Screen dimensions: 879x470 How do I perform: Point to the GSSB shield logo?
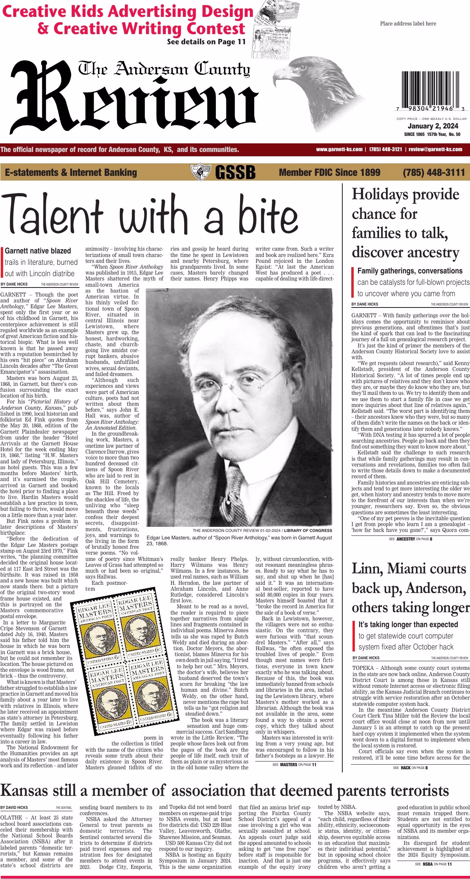click(200, 172)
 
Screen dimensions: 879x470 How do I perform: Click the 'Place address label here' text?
click(408, 24)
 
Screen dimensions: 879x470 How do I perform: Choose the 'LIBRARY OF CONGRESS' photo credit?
click(309, 530)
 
